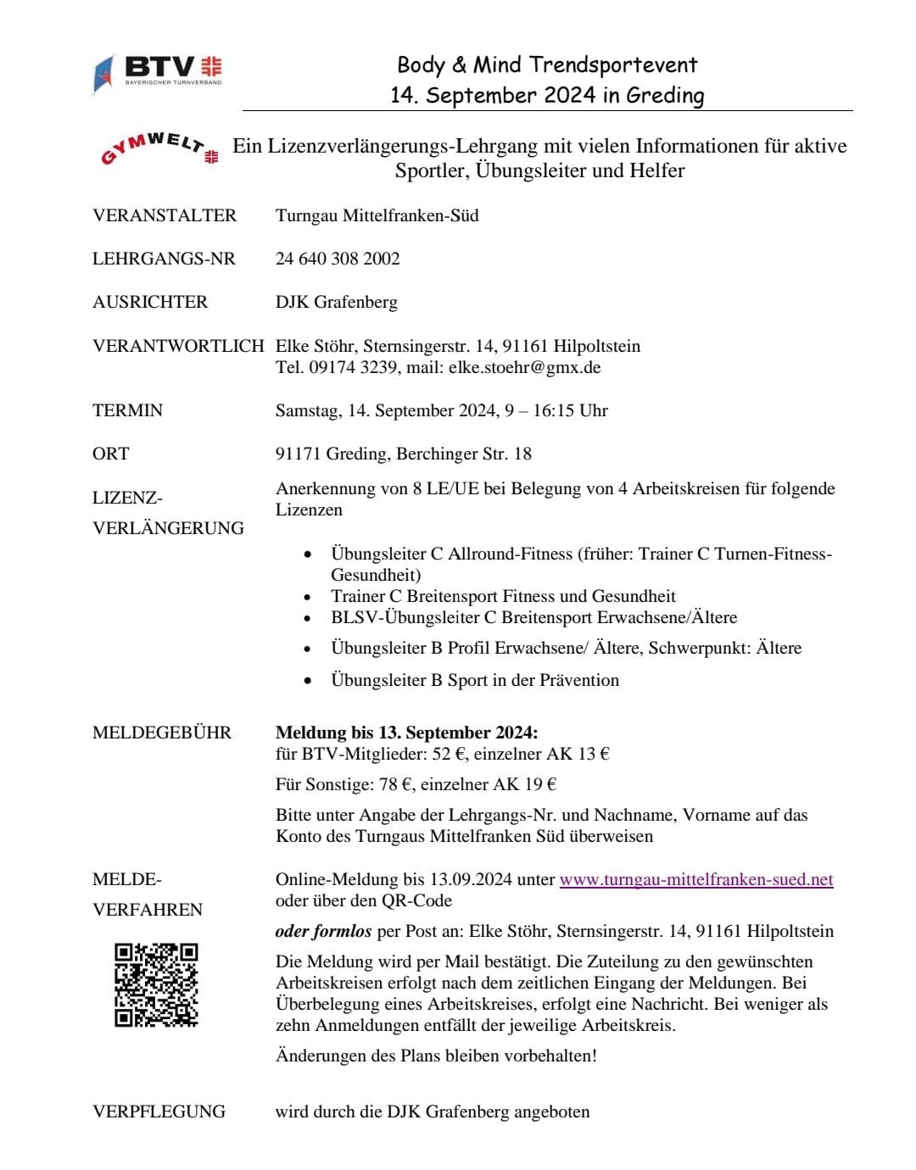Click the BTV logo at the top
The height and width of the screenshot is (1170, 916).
tap(159, 71)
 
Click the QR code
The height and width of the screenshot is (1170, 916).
tap(156, 984)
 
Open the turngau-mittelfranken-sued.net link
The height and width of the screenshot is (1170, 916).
tap(696, 879)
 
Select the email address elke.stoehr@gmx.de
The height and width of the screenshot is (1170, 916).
tap(524, 367)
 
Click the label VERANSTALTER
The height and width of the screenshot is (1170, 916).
tap(165, 215)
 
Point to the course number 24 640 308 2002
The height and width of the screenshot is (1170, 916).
tap(338, 259)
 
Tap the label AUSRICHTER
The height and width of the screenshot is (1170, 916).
tap(150, 302)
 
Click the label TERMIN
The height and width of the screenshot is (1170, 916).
tap(127, 410)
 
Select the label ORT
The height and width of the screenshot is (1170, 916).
tap(111, 454)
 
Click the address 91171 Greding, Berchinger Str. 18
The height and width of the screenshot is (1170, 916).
tap(404, 454)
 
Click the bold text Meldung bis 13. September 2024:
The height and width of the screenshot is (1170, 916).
tap(406, 733)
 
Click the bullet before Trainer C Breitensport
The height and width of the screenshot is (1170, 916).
tap(308, 598)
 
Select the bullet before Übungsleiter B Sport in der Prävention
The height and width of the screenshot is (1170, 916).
tap(308, 681)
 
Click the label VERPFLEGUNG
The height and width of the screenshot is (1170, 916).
tap(159, 1111)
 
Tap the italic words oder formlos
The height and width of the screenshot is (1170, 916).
tap(323, 931)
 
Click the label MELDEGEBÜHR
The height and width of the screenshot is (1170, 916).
tap(162, 733)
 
